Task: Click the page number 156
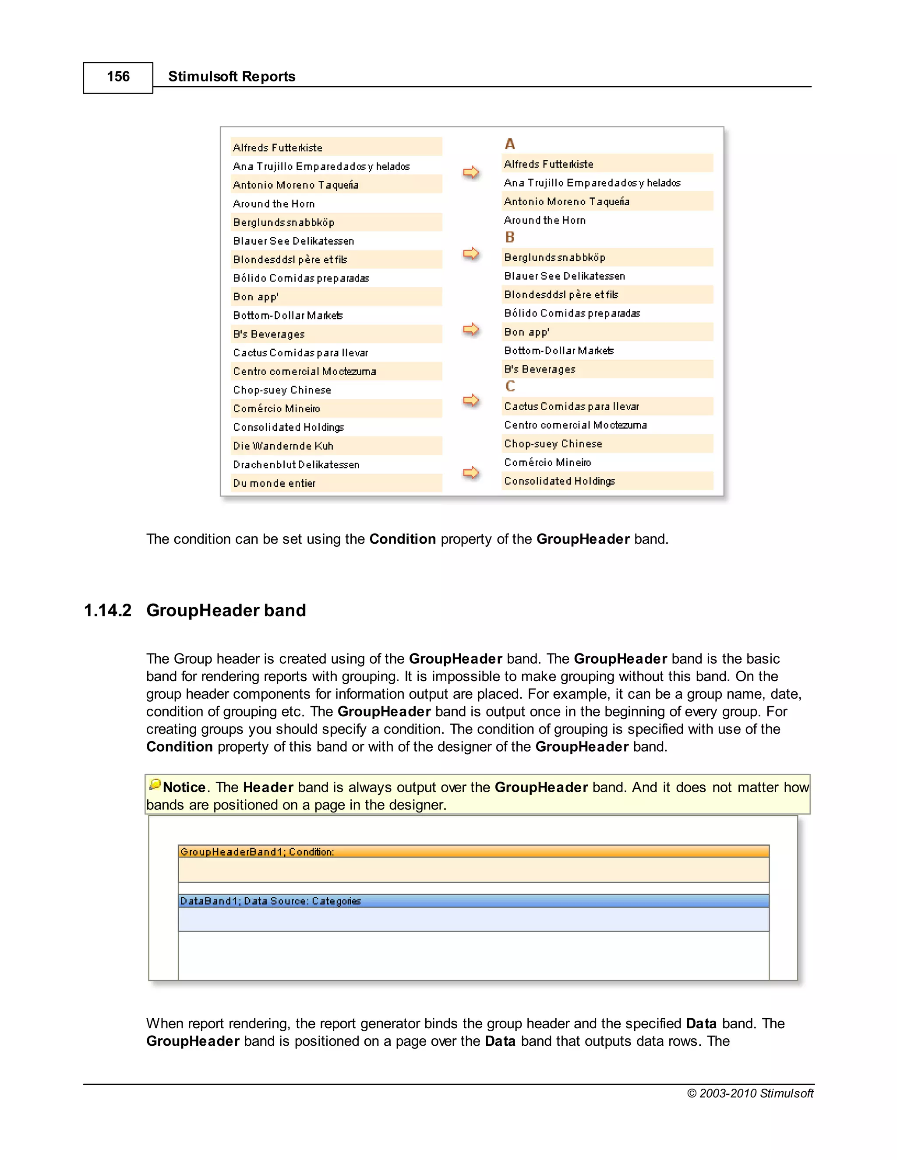pyautogui.click(x=118, y=77)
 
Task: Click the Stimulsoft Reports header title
pyautogui.click(x=231, y=77)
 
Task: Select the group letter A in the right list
pyautogui.click(x=510, y=144)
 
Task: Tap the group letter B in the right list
pyautogui.click(x=510, y=237)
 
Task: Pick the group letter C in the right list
pyautogui.click(x=510, y=386)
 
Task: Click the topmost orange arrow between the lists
pyautogui.click(x=471, y=172)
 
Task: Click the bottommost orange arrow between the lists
pyautogui.click(x=471, y=473)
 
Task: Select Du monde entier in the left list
pyautogui.click(x=274, y=483)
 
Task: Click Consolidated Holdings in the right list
pyautogui.click(x=559, y=481)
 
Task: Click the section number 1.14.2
pyautogui.click(x=107, y=610)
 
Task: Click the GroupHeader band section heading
pyautogui.click(x=226, y=610)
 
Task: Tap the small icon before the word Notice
pyautogui.click(x=155, y=784)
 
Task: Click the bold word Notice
pyautogui.click(x=184, y=787)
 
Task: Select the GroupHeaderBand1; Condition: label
pyautogui.click(x=257, y=852)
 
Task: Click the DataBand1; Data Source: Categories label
pyautogui.click(x=271, y=901)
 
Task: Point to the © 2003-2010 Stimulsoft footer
pyautogui.click(x=750, y=1093)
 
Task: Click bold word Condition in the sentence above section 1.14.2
pyautogui.click(x=402, y=539)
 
